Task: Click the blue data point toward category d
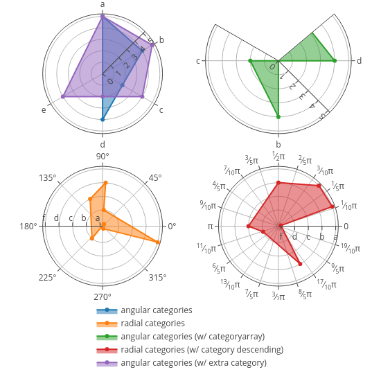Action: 103,119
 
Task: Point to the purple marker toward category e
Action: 63,96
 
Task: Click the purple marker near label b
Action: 152,45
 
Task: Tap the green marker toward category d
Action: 335,60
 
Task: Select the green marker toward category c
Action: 250,60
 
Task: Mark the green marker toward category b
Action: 278,117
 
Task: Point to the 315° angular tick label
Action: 158,277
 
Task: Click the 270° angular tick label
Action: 103,296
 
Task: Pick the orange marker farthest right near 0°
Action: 157,242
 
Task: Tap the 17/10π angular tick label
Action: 326,284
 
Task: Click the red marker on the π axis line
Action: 248,227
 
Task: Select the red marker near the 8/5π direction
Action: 300,264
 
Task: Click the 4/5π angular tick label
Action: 219,186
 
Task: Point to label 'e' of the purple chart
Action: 44,110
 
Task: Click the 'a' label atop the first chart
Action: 103,4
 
